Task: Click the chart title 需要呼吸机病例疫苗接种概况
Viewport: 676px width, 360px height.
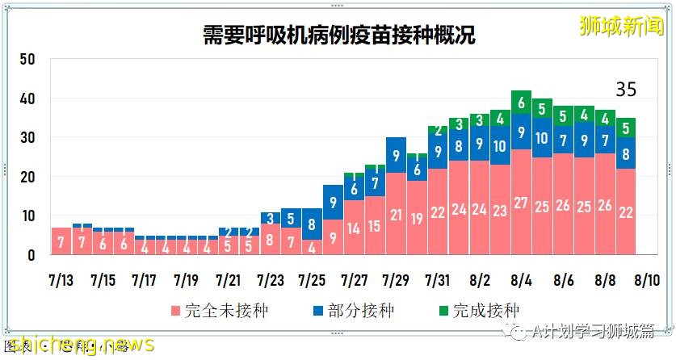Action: click(338, 36)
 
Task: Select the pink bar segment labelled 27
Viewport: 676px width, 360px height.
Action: click(521, 202)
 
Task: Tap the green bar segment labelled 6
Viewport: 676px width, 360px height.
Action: click(521, 103)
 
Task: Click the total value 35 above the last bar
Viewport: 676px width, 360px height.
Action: click(626, 90)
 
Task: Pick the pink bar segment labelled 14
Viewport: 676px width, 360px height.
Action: click(354, 228)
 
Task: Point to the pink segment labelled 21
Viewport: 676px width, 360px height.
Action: click(396, 214)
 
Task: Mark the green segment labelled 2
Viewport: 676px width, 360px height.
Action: click(438, 130)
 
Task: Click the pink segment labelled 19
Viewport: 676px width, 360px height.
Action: click(417, 218)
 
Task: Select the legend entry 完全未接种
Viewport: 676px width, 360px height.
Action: click(208, 311)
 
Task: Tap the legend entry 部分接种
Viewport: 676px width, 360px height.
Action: click(351, 311)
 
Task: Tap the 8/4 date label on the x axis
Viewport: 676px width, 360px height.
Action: click(521, 281)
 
